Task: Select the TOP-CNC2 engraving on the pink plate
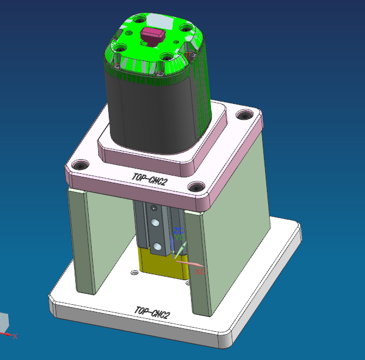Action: (150, 181)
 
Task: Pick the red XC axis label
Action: (200, 272)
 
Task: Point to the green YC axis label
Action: (179, 238)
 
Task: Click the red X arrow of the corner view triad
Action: (11, 335)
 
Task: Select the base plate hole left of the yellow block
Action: (135, 272)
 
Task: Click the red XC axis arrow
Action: (191, 263)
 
